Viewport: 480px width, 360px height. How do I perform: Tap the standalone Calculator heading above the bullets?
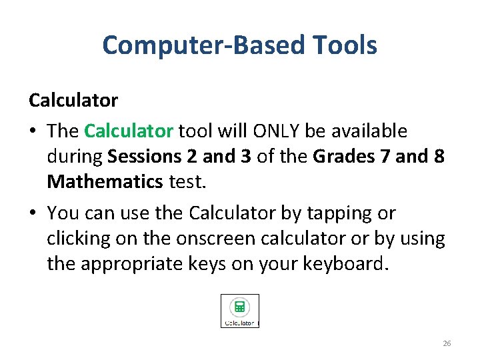(x=73, y=101)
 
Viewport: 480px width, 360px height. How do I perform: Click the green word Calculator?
(x=129, y=131)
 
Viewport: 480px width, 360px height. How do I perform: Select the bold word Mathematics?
(x=105, y=181)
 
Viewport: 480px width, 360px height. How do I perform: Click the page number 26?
(x=447, y=343)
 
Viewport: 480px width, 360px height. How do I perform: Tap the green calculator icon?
(x=240, y=307)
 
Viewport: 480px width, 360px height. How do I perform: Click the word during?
(x=75, y=156)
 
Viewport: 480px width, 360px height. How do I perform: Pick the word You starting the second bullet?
(x=63, y=213)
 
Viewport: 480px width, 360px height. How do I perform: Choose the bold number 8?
(x=439, y=156)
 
